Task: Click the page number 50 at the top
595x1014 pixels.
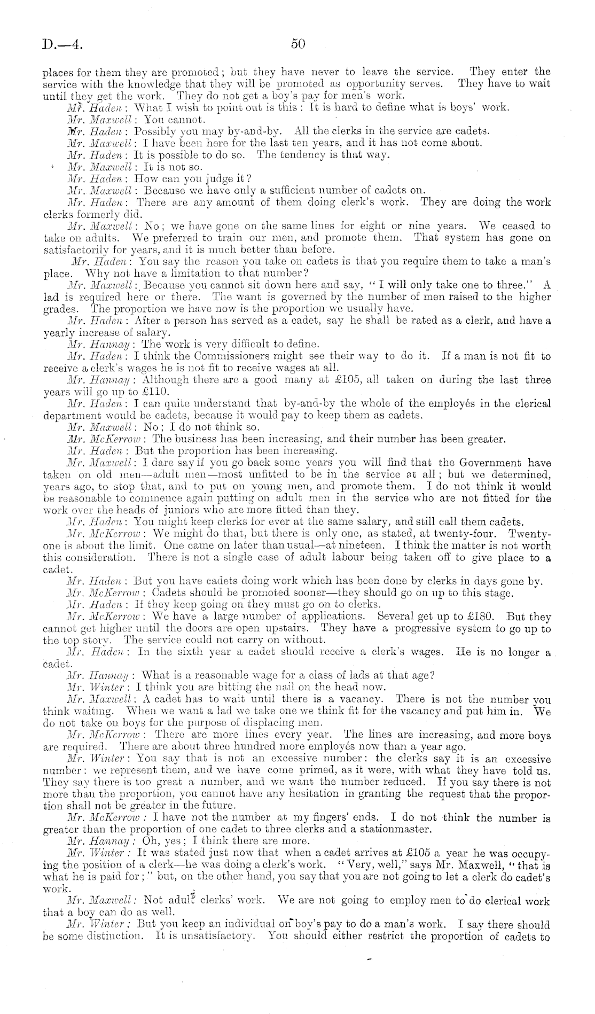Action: pos(298,44)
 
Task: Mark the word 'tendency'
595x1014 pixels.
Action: pos(296,155)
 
